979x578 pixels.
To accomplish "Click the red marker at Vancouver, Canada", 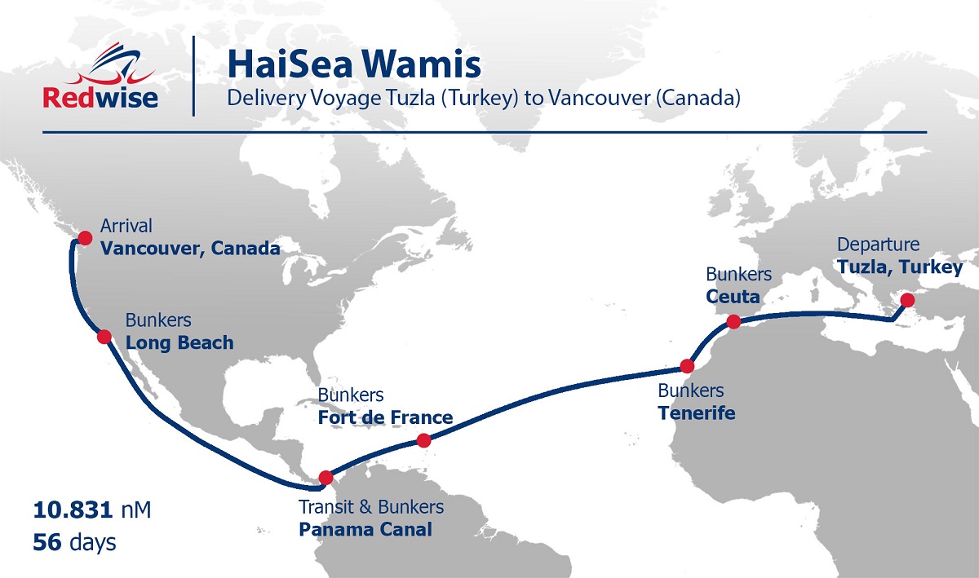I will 84,238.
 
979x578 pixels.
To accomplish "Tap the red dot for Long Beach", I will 104,336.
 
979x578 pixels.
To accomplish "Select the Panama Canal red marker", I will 326,478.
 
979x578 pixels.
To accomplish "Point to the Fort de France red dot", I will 423,440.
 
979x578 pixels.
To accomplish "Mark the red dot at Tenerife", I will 687,366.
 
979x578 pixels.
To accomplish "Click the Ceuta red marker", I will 733,321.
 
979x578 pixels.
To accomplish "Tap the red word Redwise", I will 100,99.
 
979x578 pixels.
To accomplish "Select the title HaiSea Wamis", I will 353,64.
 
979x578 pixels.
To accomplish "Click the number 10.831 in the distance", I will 72,510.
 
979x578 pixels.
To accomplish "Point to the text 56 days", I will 75,542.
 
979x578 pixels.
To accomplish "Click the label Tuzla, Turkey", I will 900,267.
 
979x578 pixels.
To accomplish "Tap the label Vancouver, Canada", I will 190,248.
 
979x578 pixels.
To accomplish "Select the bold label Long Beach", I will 179,342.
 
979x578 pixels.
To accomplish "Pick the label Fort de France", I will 385,418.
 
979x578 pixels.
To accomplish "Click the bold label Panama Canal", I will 365,529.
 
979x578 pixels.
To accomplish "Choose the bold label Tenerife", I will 696,413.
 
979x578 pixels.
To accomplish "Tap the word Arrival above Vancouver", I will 126,226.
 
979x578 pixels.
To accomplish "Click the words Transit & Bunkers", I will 371,507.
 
